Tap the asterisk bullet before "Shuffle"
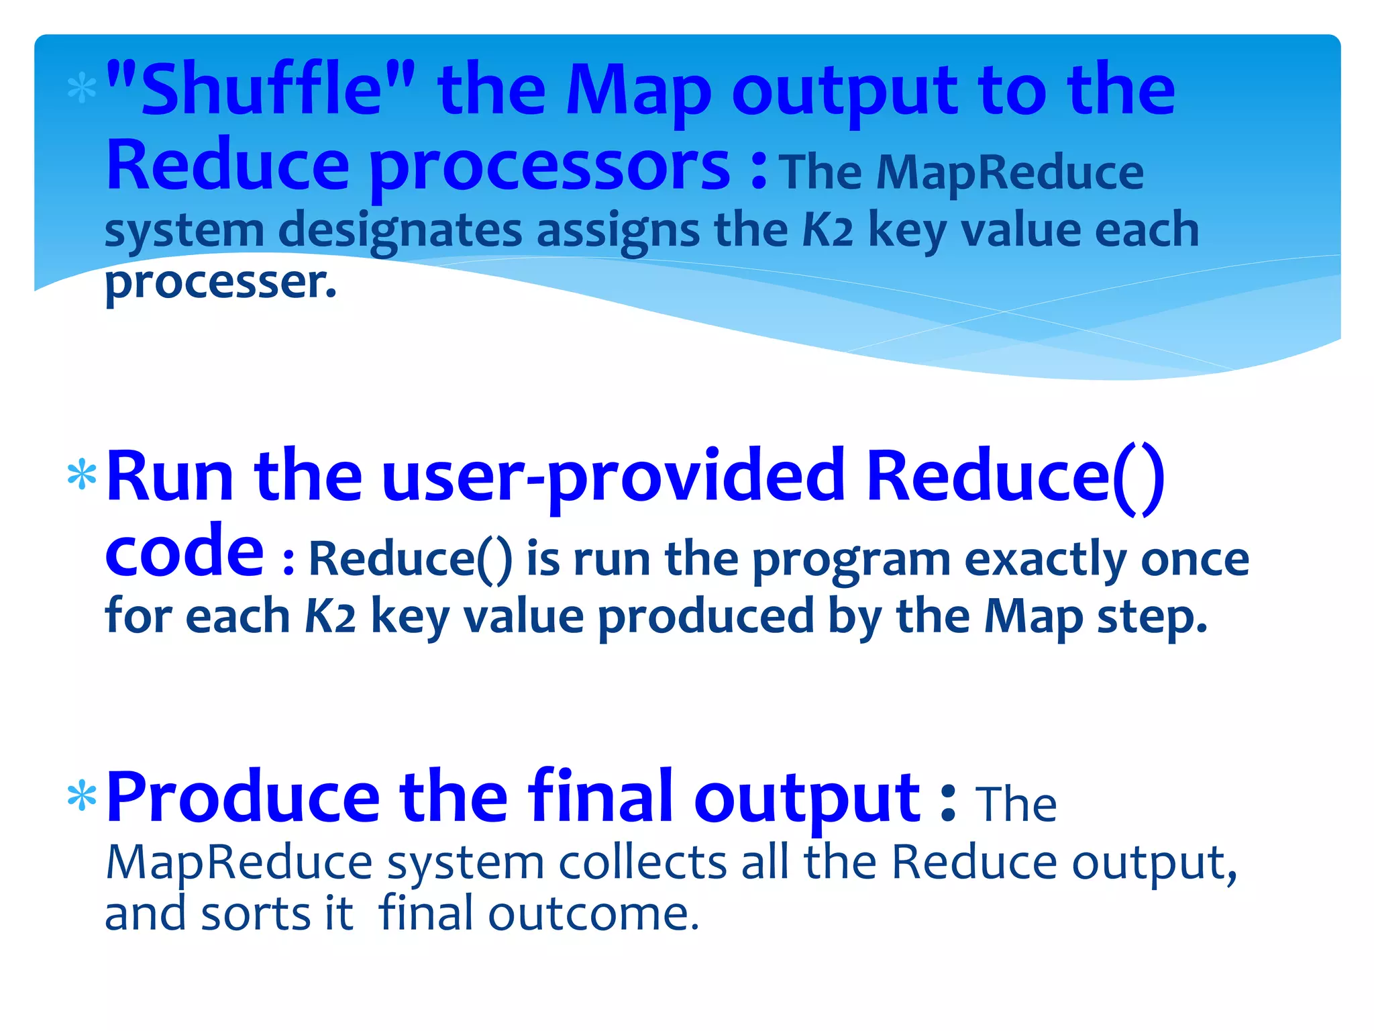pos(82,90)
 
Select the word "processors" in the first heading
pos(549,166)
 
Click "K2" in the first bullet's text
pos(827,230)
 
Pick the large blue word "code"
pos(184,552)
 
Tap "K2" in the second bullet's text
pos(329,616)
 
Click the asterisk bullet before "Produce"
pos(82,797)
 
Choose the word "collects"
pos(642,863)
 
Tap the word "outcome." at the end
pos(593,914)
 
